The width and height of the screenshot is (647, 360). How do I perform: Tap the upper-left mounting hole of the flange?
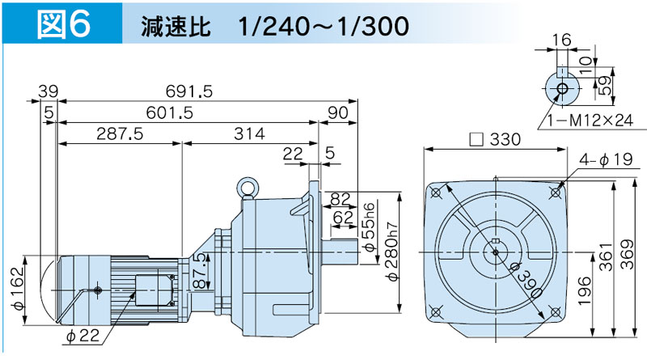(x=438, y=193)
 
